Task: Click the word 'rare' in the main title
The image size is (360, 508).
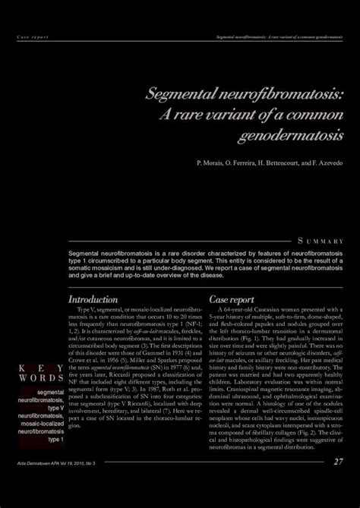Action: [210, 115]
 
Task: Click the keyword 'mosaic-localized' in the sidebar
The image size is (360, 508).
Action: [43, 424]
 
